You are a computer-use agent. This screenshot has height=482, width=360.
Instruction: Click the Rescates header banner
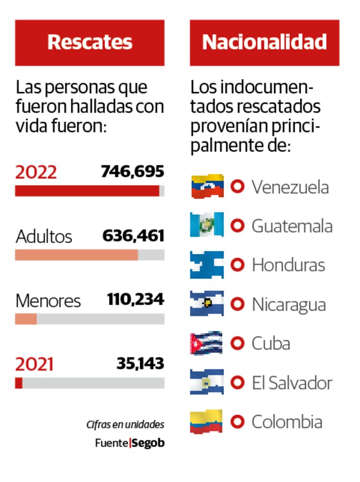point(90,42)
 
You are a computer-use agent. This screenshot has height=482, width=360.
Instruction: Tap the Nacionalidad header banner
point(264,42)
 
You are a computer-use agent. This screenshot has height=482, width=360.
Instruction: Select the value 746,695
point(132,171)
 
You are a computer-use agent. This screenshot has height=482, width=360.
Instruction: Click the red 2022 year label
point(36,172)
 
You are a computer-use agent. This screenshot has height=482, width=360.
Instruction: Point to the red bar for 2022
point(87,191)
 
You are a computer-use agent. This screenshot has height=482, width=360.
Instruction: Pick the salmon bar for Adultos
point(76,254)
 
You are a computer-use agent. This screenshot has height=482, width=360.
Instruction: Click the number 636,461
point(133,236)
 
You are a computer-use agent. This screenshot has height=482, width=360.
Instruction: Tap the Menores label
point(48,301)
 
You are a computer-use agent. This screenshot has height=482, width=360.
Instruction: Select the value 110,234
point(135,300)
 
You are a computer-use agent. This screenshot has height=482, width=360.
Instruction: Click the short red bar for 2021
point(19,383)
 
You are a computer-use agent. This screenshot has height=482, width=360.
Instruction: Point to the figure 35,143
point(140,363)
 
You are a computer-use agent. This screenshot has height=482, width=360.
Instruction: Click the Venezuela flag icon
point(207,186)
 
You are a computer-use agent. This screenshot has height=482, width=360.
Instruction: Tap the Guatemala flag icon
point(207,225)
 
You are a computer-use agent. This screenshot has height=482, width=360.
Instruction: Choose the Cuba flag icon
point(207,343)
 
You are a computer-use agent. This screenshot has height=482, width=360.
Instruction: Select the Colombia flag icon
point(207,422)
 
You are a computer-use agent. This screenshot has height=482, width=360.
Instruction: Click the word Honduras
point(288,265)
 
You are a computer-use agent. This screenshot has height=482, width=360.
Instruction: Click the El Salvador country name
point(292,383)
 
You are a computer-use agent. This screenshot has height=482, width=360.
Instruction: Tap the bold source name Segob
point(148,443)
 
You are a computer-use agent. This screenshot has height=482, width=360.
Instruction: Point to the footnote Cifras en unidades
point(125,424)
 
